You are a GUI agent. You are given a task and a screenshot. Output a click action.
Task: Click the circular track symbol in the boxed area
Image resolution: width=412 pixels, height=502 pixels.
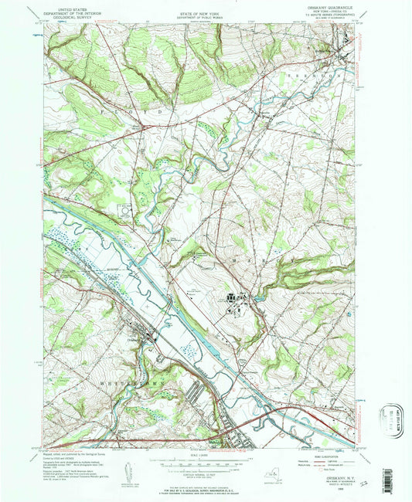tap(124, 209)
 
